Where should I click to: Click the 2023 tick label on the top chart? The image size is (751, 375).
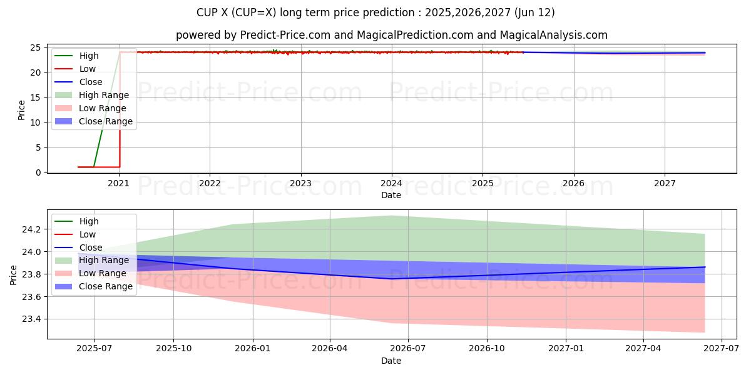pos(300,183)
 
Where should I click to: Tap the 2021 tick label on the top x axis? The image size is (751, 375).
pos(118,183)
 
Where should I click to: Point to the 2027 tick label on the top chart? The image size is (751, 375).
pos(665,183)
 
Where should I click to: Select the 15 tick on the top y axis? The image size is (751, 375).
pos(36,97)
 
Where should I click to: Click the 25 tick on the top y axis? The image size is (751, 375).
pos(36,47)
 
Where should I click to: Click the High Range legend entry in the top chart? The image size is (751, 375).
pos(103,95)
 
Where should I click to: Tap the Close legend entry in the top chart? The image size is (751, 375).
pos(90,82)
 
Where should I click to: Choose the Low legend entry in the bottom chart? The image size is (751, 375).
pos(88,234)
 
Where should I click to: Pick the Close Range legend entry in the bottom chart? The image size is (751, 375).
pos(105,286)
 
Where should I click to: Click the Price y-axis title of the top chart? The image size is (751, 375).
pos(22,110)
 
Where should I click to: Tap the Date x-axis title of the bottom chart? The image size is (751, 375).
pos(391,361)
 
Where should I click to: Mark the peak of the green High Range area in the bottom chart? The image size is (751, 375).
pos(408,216)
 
